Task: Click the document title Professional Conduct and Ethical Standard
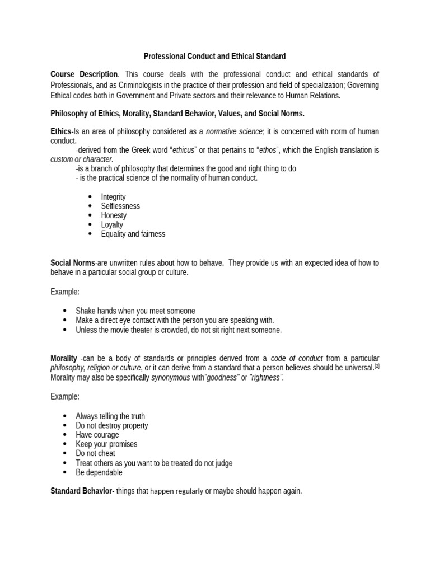[215, 56]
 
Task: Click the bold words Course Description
[84, 74]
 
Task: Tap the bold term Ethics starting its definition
[61, 131]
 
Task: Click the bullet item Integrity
[113, 197]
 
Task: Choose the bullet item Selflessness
[120, 206]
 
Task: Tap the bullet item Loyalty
[112, 224]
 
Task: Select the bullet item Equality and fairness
[133, 234]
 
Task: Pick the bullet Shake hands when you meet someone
[135, 311]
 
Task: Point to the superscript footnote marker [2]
[377, 366]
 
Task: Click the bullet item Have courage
[97, 435]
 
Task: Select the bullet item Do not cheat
[95, 453]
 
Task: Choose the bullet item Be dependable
[99, 472]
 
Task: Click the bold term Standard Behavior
[82, 491]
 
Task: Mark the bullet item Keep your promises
[106, 444]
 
